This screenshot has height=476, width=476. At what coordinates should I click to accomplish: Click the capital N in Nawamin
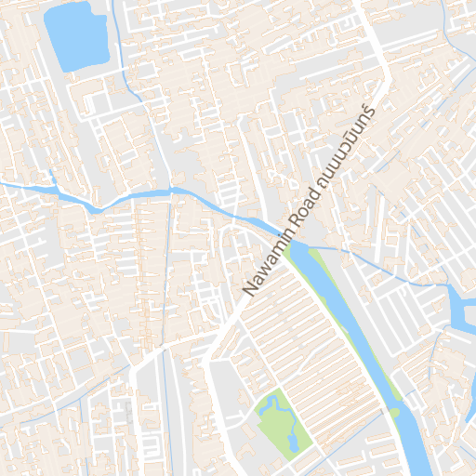click(x=249, y=291)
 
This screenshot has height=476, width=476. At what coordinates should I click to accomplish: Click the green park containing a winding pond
click(x=279, y=423)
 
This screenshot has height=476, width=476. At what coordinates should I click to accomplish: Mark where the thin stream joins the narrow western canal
click(x=173, y=192)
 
